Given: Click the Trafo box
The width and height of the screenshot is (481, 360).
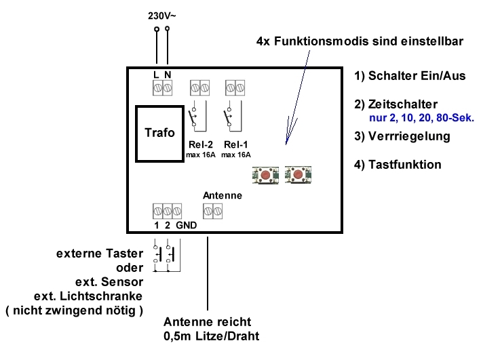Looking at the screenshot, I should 159,134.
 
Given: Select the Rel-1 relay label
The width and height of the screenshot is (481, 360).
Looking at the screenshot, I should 236,144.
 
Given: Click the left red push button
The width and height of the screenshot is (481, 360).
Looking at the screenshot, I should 265,175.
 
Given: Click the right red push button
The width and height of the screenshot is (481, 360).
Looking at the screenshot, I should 298,175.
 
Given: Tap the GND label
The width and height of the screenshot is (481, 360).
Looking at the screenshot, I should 186,225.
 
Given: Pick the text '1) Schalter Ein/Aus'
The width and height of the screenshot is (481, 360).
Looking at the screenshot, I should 410,76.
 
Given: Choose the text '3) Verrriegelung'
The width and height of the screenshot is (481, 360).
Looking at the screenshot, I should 402,136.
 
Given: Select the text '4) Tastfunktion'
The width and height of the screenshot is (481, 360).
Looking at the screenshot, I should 398,165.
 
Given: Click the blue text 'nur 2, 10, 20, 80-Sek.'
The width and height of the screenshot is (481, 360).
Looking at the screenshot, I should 421,118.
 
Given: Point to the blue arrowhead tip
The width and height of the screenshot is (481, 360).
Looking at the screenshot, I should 286,144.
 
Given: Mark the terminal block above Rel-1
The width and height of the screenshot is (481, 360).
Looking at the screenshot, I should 235,87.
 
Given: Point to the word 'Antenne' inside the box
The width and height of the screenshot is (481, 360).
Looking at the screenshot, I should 223,196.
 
